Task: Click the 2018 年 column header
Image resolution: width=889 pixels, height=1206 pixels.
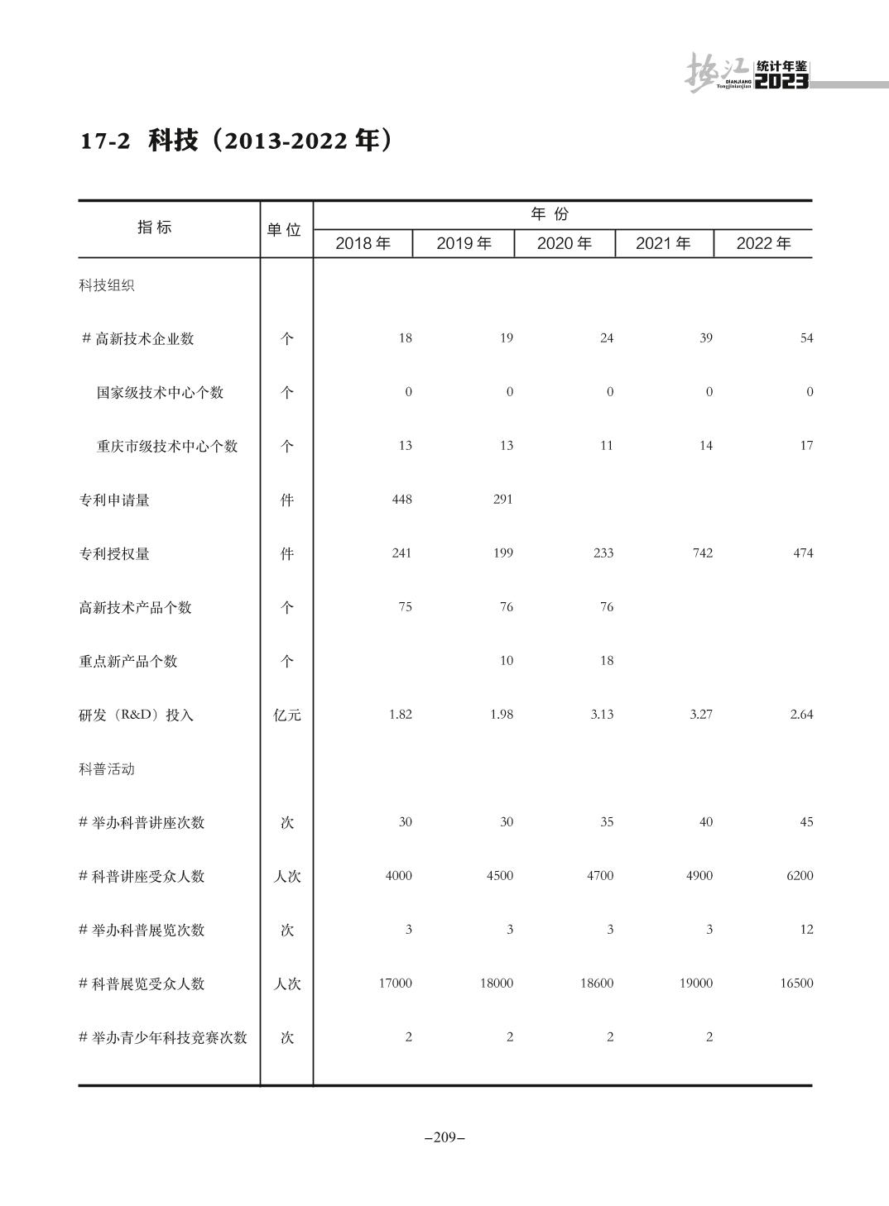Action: [x=363, y=243]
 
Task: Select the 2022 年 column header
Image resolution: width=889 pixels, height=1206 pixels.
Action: [x=763, y=243]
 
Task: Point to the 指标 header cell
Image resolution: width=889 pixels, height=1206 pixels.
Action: [x=155, y=227]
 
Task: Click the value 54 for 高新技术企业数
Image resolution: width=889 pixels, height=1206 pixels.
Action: [x=806, y=337]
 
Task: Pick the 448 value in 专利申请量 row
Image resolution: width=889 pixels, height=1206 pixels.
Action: [x=401, y=499]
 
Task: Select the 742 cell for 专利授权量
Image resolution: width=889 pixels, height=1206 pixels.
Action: [x=702, y=553]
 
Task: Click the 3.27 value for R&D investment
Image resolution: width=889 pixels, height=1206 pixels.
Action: [x=700, y=714]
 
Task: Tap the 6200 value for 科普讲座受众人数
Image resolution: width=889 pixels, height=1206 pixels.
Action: [x=799, y=875]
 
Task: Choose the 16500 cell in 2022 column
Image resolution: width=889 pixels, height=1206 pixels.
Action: [x=795, y=983]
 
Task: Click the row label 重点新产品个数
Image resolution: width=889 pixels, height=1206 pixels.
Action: [x=128, y=661]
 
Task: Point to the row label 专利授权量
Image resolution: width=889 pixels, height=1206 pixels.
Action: [x=114, y=553]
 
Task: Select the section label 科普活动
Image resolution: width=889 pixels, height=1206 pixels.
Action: [x=107, y=768]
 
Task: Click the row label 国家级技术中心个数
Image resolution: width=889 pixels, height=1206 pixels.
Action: [x=160, y=392]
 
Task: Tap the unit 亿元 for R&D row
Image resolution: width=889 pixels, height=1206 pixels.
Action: [x=287, y=715]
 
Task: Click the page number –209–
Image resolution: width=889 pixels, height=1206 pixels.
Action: [x=444, y=1137]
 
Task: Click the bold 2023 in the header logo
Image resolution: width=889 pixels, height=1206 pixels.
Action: [x=781, y=81]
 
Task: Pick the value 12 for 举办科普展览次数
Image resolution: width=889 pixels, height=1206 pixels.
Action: [x=806, y=929]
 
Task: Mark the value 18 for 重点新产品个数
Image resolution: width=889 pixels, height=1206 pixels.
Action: [x=607, y=660]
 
